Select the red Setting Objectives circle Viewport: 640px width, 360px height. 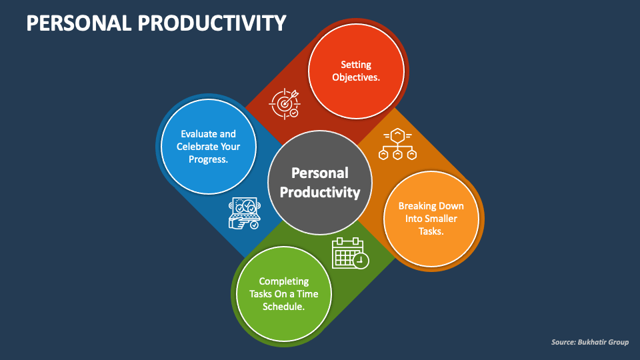pyautogui.click(x=357, y=71)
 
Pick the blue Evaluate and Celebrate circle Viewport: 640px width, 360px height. pyautogui.click(x=208, y=147)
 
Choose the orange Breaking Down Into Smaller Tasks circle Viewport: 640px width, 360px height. pyautogui.click(x=431, y=219)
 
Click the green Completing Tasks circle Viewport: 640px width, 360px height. pyautogui.click(x=284, y=294)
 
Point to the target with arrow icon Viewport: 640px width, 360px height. pyautogui.click(x=285, y=103)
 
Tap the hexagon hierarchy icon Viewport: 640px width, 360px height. pyautogui.click(x=397, y=144)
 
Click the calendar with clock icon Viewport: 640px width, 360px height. pyautogui.click(x=350, y=253)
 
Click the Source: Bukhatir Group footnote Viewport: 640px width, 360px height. pyautogui.click(x=589, y=342)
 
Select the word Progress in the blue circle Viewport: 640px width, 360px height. pyautogui.click(x=208, y=159)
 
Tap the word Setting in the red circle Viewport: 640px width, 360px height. pyautogui.click(x=356, y=65)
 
